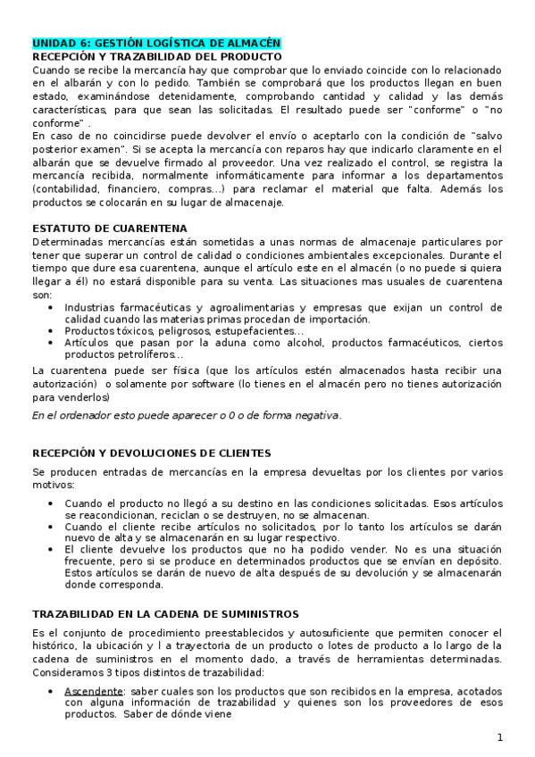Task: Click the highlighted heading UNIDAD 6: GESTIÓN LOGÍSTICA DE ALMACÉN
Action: [156, 43]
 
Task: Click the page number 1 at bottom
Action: [500, 737]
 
